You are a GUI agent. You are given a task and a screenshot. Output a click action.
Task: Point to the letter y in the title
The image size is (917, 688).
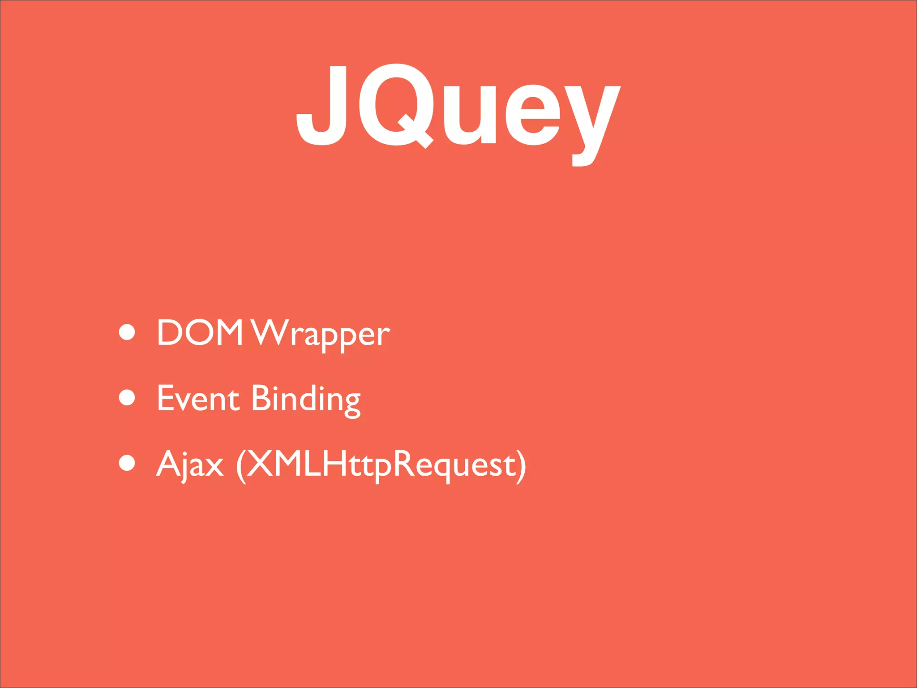pos(592,121)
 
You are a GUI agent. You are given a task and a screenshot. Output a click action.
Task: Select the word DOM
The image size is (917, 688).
pos(200,332)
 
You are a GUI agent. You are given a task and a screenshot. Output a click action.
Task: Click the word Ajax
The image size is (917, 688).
pos(190,464)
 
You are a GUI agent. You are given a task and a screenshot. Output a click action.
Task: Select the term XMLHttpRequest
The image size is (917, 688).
pos(381,464)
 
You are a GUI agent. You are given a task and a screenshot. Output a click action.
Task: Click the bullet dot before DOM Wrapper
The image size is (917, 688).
pos(127,332)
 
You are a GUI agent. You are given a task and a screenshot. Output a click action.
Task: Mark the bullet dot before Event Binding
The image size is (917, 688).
pos(127,397)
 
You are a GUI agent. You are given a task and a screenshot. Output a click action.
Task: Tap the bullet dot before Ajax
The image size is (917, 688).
pos(127,463)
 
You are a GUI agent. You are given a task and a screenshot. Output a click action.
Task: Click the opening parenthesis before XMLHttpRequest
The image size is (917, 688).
pos(241,466)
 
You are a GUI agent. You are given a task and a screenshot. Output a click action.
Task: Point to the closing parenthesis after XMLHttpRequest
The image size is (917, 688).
pos(521,466)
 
